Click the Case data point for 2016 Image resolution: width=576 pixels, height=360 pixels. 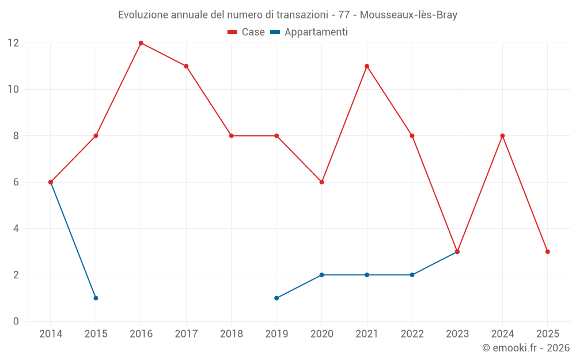click(141, 43)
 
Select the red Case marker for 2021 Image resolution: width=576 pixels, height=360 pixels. click(367, 66)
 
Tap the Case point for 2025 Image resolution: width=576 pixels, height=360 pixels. click(548, 252)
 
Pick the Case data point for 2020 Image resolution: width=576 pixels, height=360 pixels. click(322, 182)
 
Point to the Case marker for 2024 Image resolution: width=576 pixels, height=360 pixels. click(502, 136)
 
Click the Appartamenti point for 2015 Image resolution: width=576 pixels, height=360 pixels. click(96, 298)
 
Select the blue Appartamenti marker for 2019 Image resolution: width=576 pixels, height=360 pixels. click(276, 298)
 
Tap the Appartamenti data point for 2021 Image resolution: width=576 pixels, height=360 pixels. click(367, 275)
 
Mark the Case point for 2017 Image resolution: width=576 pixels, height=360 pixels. click(186, 66)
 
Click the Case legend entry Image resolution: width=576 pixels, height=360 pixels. click(247, 32)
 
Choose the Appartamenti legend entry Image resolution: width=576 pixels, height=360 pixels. click(309, 32)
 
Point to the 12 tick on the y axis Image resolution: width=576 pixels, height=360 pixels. click(13, 43)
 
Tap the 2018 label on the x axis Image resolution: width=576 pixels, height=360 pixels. click(232, 334)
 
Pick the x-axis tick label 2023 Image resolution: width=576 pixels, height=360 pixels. click(457, 334)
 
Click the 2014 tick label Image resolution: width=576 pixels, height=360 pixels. click(51, 334)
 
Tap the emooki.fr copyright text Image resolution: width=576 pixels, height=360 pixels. click(526, 348)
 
